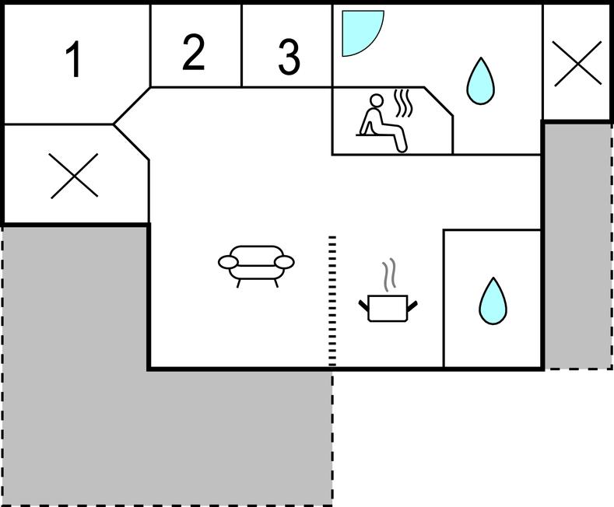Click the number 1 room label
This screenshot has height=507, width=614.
74,59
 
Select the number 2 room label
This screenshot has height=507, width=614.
194,52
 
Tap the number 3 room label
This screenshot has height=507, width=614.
289,57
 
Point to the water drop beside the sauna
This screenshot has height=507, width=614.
480,82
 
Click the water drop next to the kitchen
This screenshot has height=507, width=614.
493,301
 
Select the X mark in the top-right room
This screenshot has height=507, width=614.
577,64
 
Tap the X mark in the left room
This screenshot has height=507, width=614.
74,176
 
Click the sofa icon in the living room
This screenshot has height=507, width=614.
256,266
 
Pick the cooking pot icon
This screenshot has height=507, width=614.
388,308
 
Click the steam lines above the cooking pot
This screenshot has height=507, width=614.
389,274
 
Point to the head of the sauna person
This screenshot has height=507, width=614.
377,100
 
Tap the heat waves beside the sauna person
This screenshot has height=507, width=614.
403,103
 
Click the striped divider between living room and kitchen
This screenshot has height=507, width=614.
332,301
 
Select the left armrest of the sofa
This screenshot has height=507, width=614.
228,262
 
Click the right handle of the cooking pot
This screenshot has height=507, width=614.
412,306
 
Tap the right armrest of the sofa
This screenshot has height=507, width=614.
284,262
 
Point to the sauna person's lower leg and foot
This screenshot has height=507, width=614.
400,141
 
